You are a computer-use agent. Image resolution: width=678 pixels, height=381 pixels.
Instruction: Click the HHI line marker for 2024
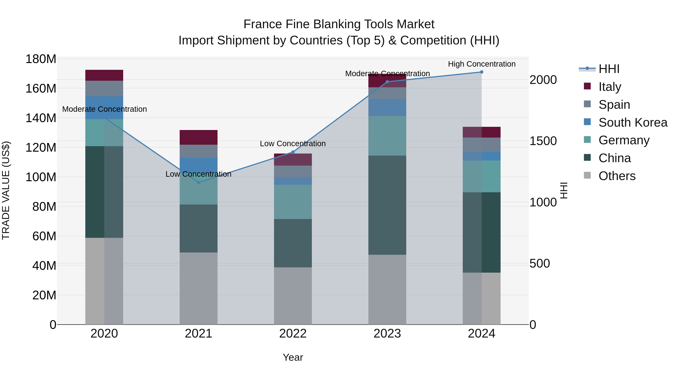click(x=481, y=72)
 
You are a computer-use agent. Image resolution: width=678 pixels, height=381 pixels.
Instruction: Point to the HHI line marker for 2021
click(x=199, y=183)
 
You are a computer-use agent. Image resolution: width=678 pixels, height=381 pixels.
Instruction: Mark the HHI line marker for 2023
click(x=387, y=82)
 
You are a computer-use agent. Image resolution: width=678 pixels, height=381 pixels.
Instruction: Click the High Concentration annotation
click(x=481, y=64)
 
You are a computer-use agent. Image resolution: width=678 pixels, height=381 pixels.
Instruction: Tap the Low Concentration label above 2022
click(x=293, y=144)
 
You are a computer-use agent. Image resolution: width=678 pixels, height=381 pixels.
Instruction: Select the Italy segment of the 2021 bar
click(x=199, y=137)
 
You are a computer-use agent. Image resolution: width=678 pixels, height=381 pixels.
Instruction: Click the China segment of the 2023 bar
click(x=387, y=205)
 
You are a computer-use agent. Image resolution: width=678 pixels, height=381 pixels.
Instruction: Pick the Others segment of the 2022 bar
click(x=293, y=296)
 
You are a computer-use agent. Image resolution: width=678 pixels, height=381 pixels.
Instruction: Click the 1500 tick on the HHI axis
click(x=543, y=141)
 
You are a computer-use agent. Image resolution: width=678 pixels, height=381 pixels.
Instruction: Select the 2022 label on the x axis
click(x=293, y=334)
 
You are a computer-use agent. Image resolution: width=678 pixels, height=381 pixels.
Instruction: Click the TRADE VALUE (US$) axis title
click(x=6, y=191)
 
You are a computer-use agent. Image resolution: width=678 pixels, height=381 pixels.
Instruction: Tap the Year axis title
click(x=293, y=357)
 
